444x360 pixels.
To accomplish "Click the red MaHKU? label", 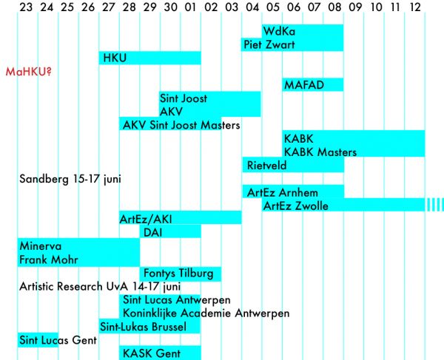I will [33, 72].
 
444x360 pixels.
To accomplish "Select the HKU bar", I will [149, 58].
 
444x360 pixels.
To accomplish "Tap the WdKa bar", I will [302, 31].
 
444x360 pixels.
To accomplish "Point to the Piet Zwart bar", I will [292, 44].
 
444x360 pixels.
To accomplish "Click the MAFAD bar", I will [312, 85].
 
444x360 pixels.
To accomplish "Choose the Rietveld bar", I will [292, 165].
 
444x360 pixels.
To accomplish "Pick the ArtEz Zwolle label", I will [296, 206].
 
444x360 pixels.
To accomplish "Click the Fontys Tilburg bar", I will [180, 273].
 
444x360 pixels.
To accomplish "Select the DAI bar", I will [169, 232].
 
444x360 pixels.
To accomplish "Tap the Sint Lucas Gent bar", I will [38, 339].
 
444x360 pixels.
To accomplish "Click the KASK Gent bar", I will [160, 353].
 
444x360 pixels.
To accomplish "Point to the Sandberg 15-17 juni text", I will [70, 179].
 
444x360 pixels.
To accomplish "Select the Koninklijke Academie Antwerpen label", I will [206, 313].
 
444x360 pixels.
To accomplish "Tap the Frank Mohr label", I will [49, 259].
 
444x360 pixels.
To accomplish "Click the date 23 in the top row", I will [26, 8].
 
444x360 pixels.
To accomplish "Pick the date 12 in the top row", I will [414, 8].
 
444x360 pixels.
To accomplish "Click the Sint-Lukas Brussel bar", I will [149, 327].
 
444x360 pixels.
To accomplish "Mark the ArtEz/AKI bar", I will [180, 219].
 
